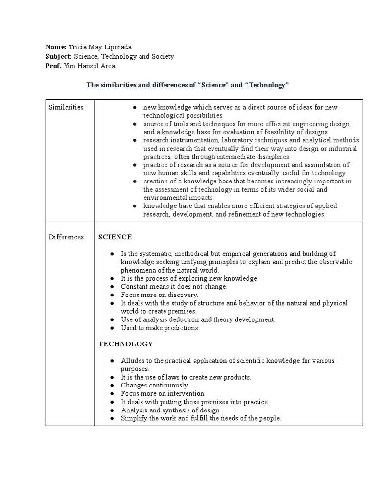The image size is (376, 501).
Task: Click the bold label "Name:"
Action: pos(56,47)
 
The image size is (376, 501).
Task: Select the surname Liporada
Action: pos(117,47)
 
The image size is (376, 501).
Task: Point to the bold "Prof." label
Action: pos(53,66)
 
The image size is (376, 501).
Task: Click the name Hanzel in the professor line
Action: pos(90,66)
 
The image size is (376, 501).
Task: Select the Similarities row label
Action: pos(66,107)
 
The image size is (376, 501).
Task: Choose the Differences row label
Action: pos(66,237)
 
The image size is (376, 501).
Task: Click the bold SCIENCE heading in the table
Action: pos(115,237)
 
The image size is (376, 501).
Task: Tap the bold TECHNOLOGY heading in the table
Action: pos(126,344)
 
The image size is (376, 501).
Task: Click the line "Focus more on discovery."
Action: pos(160,295)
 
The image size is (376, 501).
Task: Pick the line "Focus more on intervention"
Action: pos(163,394)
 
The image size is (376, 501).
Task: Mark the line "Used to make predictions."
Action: pos(161,328)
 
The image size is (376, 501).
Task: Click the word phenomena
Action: pos(141,270)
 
